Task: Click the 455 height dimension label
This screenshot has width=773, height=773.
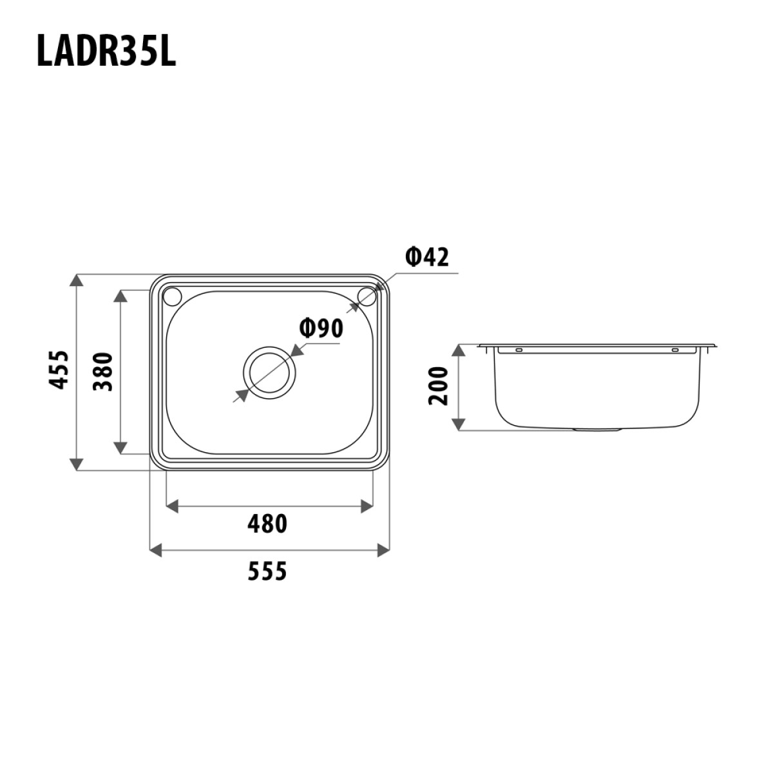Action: pos(59,369)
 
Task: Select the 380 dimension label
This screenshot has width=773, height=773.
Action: pos(102,372)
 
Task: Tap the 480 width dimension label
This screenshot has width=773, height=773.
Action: pos(267,524)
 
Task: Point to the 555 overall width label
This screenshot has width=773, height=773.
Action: pos(267,570)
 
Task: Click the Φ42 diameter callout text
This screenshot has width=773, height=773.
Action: pos(426,257)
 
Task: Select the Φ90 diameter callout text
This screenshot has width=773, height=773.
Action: pos(321,329)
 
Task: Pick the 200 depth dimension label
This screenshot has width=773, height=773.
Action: pos(438,385)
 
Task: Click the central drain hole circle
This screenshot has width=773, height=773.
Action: pos(269,372)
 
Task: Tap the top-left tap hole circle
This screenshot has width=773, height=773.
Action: pos(173,296)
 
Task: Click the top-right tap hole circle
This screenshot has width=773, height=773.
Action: pos(366,296)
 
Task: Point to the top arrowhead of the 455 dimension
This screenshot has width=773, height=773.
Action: pos(76,282)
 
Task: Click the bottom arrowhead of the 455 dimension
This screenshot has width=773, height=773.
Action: pos(76,463)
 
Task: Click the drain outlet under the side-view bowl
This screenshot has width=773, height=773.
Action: pos(596,429)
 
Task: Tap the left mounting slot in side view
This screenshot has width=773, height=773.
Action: pos(517,350)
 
